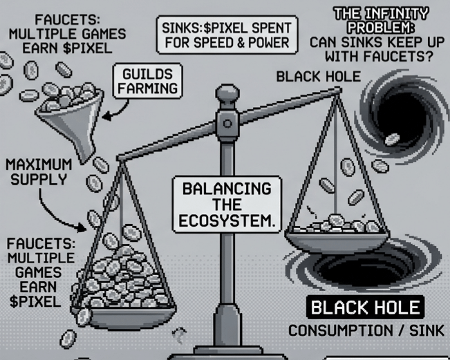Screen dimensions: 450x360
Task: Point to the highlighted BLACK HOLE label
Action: coord(364,307)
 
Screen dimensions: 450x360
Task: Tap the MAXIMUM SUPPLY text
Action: coord(39,173)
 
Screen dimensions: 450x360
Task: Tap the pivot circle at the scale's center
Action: coord(226,123)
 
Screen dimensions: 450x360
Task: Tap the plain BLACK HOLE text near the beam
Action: coord(318,76)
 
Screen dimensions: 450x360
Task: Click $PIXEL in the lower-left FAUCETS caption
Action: coord(33,302)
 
